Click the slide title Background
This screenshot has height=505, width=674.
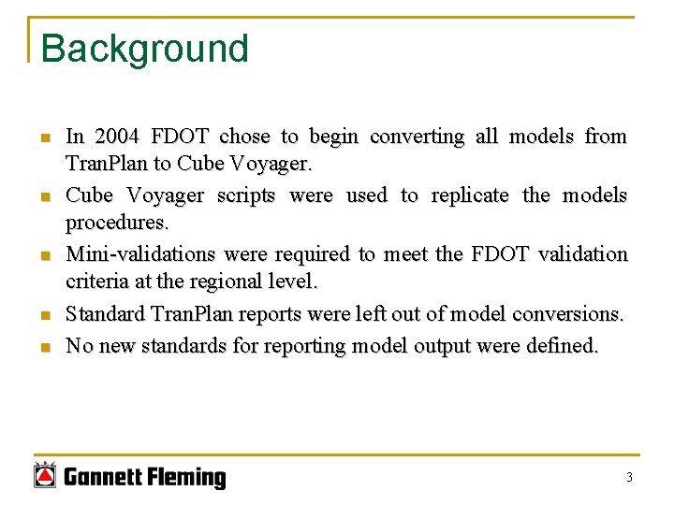coord(145,49)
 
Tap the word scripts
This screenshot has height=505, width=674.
coord(246,195)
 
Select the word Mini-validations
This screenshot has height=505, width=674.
coord(140,254)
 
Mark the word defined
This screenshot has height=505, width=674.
coord(563,346)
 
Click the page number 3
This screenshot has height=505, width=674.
coord(629,478)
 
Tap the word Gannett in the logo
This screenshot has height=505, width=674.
coord(104,479)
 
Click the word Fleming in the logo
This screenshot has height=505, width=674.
coord(187,479)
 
